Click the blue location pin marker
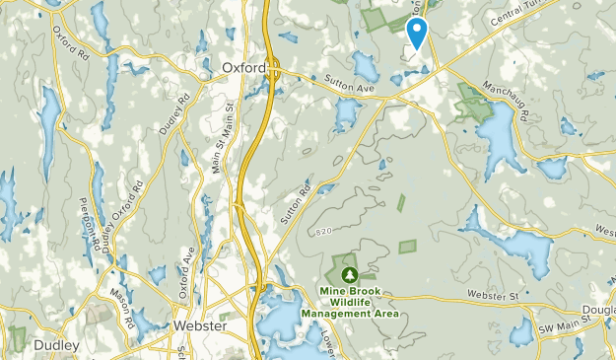tap(417, 33)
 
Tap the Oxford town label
tap(243, 68)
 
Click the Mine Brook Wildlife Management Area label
tap(349, 303)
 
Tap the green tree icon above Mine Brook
tap(348, 273)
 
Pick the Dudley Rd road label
tap(173, 114)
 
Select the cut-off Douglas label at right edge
tap(602, 310)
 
